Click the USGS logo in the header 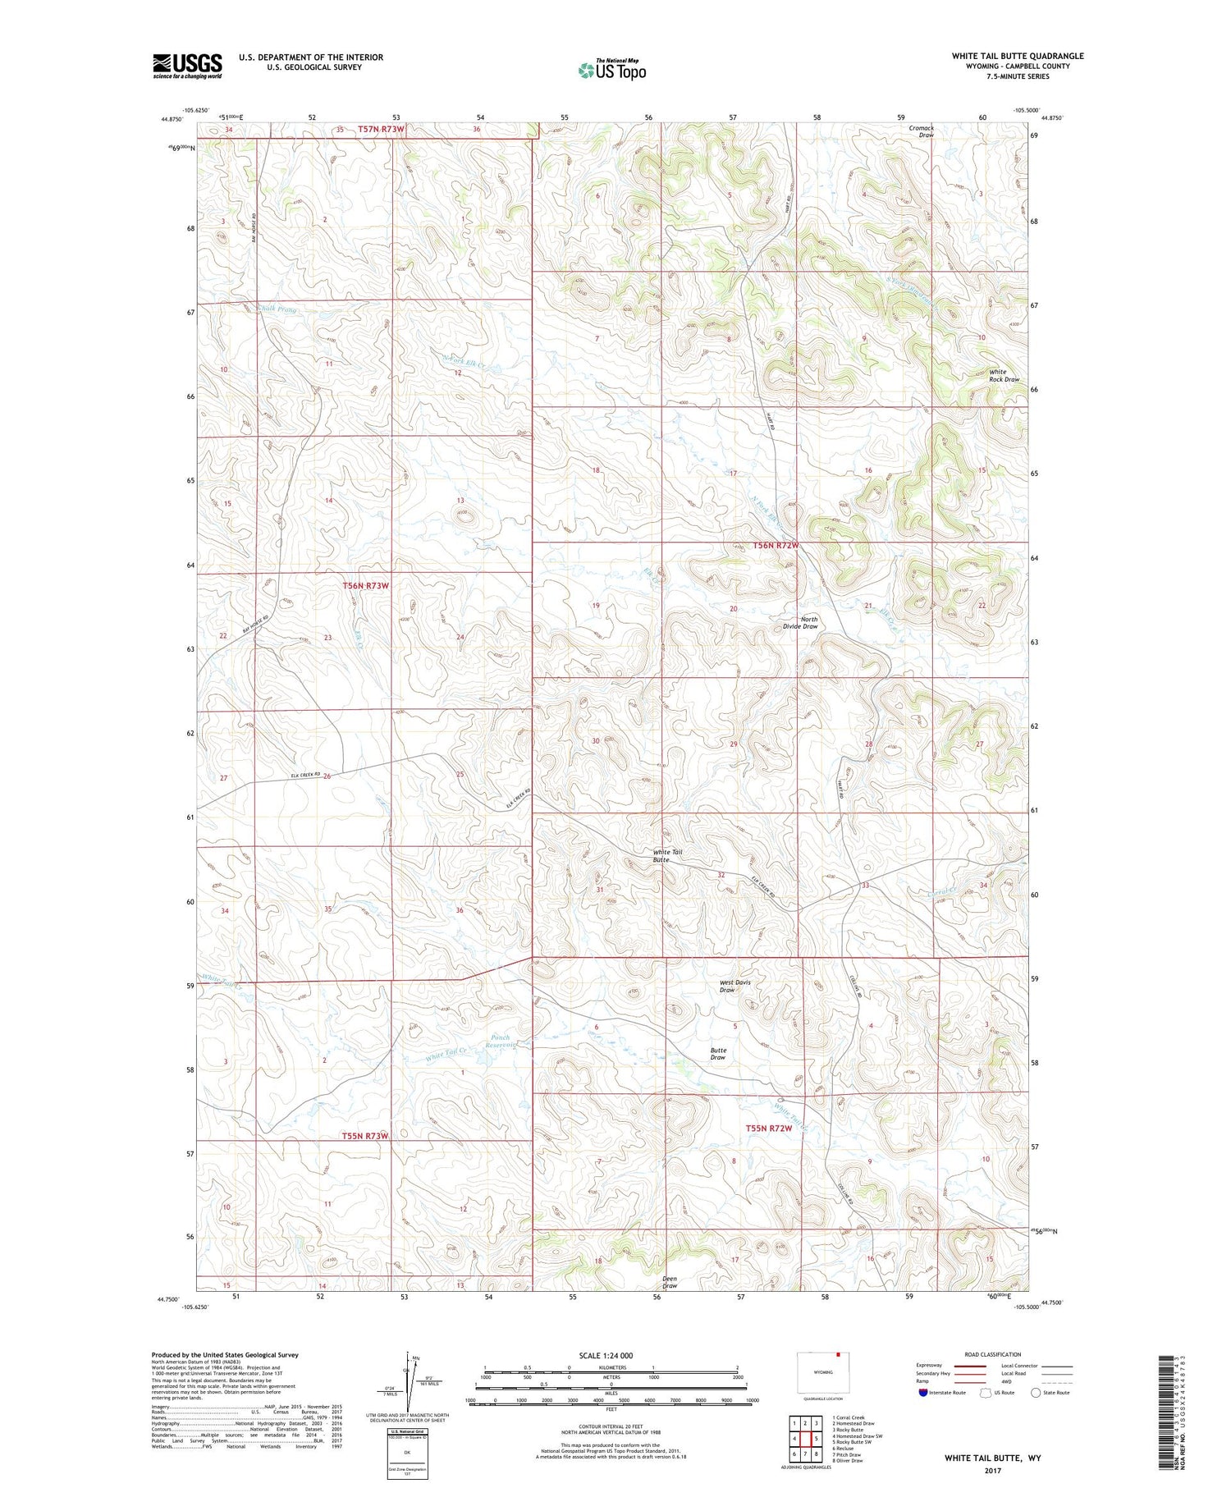coord(187,66)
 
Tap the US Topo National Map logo coord(611,70)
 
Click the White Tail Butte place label coord(667,855)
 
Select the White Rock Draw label coord(1004,376)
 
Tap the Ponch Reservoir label coord(501,1042)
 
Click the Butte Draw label coord(718,1054)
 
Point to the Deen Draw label coord(670,1282)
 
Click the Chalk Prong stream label coord(277,309)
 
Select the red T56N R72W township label coord(765,546)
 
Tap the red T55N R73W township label coord(364,1136)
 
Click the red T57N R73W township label coord(382,129)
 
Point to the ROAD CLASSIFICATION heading coord(993,1354)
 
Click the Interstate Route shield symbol coord(923,1393)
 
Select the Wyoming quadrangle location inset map coord(823,1372)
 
